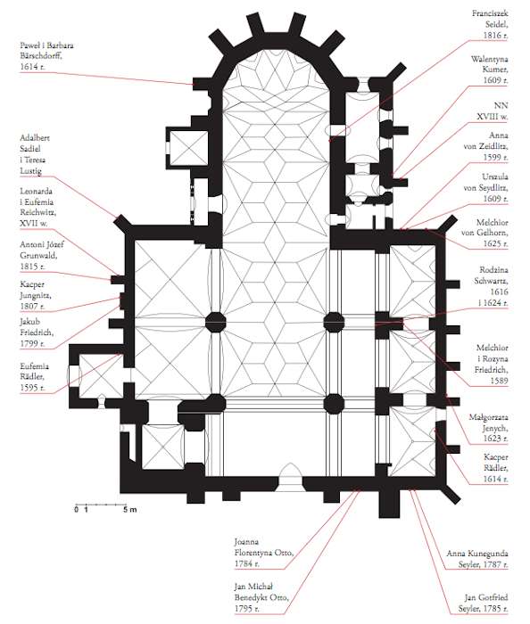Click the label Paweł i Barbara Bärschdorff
click(x=46, y=56)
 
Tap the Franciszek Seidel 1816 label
click(x=490, y=24)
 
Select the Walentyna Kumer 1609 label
click(x=489, y=70)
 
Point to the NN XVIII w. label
click(x=493, y=111)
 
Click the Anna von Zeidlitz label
click(x=485, y=146)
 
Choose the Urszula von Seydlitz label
click(x=485, y=187)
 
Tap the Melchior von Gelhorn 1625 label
click(x=484, y=233)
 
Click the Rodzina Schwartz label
click(x=491, y=286)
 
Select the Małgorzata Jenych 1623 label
click(x=489, y=428)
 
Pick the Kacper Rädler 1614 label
click(x=496, y=468)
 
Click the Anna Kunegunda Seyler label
click(x=477, y=559)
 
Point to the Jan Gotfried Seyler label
click(x=484, y=603)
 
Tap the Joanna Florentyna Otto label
click(x=264, y=553)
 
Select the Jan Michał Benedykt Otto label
click(x=261, y=597)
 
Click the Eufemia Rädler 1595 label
click(x=34, y=376)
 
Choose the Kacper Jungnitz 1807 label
click(x=36, y=295)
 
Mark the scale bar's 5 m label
click(x=129, y=509)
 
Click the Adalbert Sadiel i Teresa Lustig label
click(x=35, y=154)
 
